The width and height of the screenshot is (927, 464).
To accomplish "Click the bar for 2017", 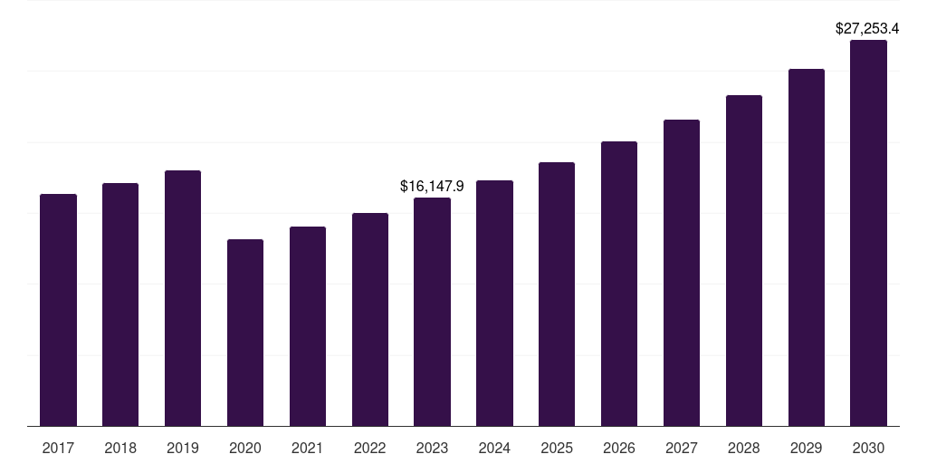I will (x=58, y=310).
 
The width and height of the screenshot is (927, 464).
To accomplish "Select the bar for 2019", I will (x=183, y=298).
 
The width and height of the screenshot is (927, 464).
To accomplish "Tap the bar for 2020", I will (x=245, y=333).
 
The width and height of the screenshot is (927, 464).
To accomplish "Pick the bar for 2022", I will (x=370, y=319).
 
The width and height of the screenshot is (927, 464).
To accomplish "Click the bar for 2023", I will (x=432, y=312).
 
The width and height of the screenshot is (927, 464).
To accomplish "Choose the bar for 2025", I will (x=557, y=294).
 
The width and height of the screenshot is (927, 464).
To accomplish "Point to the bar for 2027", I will (x=682, y=273).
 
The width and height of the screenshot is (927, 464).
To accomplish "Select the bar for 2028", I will (x=744, y=260).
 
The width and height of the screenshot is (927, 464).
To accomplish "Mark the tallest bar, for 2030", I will (x=868, y=233).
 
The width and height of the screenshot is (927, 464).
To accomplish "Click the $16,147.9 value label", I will (x=432, y=186).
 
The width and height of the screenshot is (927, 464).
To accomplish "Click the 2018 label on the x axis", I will (x=120, y=448).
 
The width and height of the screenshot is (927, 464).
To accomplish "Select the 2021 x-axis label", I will (x=308, y=448).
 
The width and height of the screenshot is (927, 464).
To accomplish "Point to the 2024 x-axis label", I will (x=494, y=448).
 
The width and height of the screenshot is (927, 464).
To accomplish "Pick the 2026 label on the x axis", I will (x=619, y=448).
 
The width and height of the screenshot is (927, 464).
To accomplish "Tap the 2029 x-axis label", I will (x=807, y=448).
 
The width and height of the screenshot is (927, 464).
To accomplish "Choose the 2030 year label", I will (x=868, y=448).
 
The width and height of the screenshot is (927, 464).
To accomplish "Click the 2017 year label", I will (x=58, y=448).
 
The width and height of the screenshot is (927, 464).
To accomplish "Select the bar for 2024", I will (x=494, y=303).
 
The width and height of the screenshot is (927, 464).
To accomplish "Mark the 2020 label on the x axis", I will (x=245, y=448).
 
